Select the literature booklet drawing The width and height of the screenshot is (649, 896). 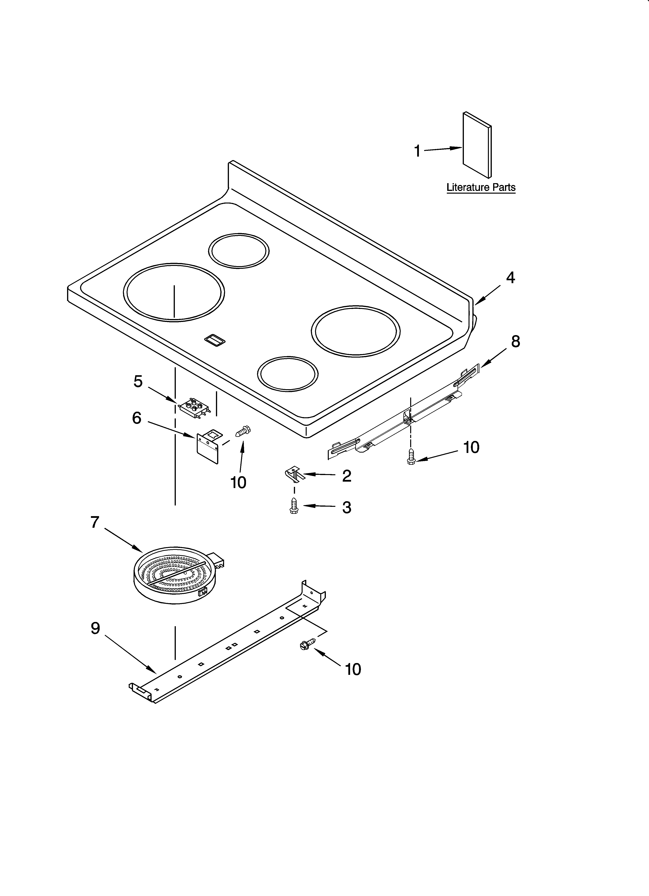point(477,145)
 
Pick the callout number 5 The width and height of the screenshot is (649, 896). point(138,381)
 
